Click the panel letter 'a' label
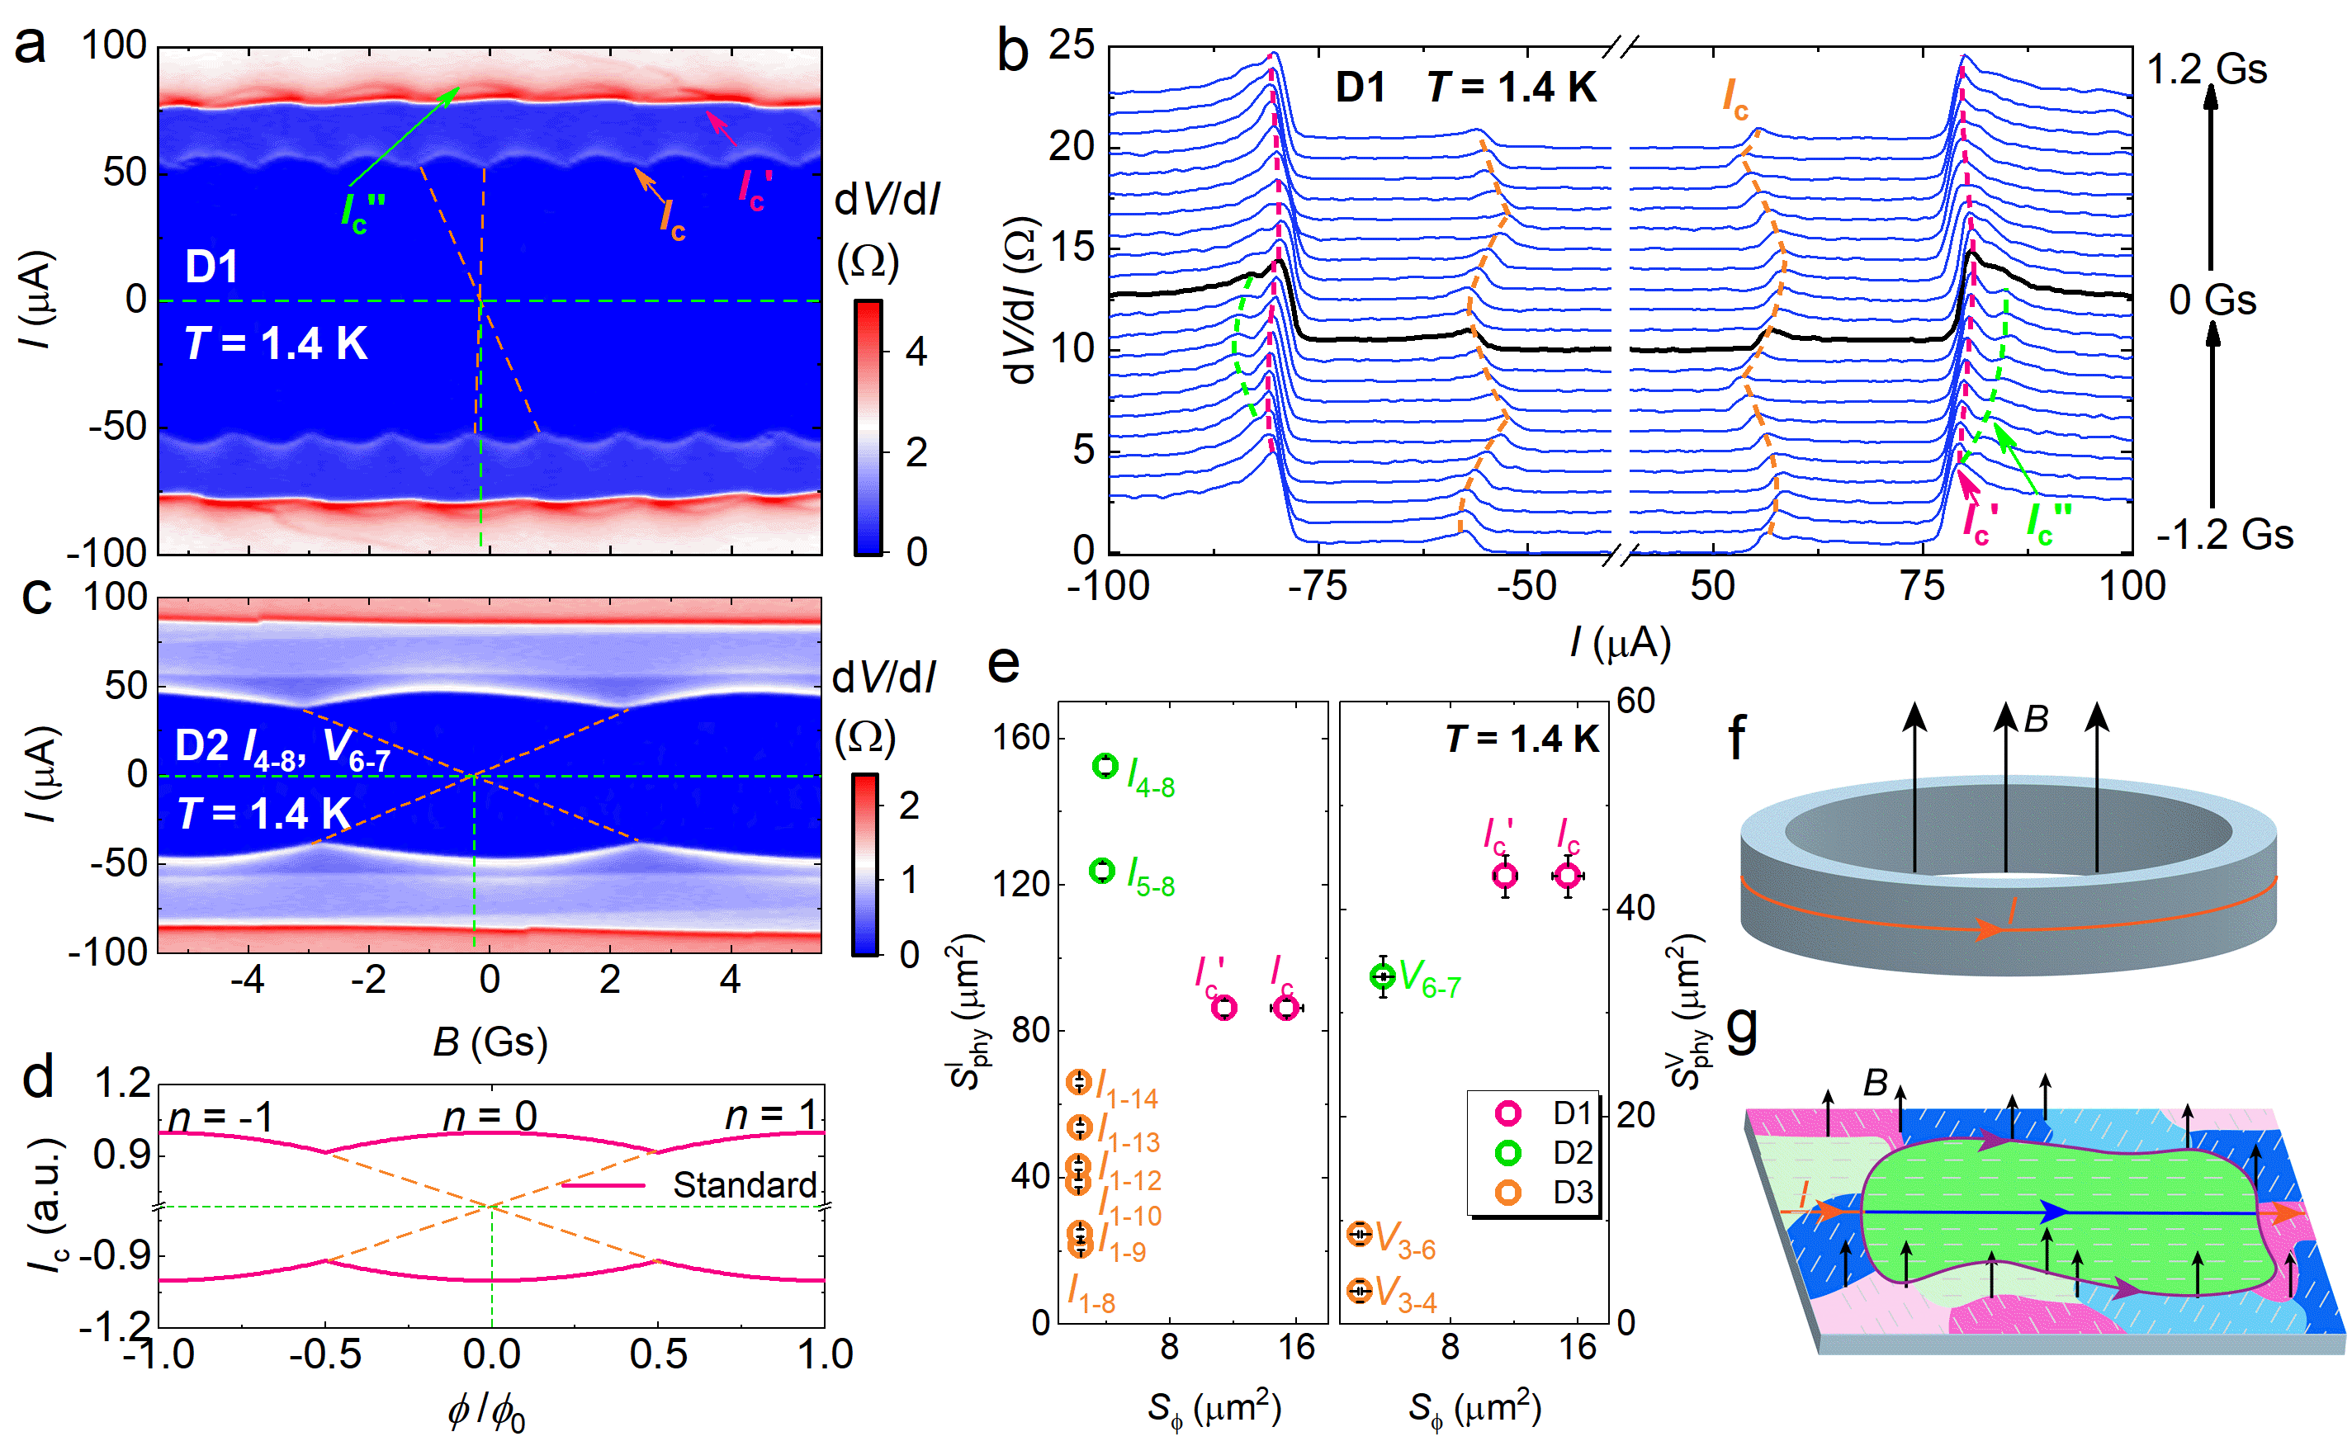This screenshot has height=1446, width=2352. [30, 45]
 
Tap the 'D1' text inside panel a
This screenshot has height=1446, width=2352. [211, 266]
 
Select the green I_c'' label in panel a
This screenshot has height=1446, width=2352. [362, 212]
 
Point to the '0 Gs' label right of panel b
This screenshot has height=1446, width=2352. [2212, 300]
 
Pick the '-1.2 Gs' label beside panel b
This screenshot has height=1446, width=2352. [2224, 534]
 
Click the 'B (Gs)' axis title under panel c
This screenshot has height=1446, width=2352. [490, 1042]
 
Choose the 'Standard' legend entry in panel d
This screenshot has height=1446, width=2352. [744, 1185]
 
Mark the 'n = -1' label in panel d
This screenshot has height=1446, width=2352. [220, 1116]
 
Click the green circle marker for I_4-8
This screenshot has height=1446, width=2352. [1105, 766]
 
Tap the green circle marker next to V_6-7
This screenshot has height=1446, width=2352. [1382, 976]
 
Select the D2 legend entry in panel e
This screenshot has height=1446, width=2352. [1507, 1153]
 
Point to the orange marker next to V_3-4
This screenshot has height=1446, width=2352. [1359, 1291]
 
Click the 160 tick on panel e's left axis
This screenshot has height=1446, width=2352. [1021, 737]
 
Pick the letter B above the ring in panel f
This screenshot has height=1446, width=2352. [2036, 719]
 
